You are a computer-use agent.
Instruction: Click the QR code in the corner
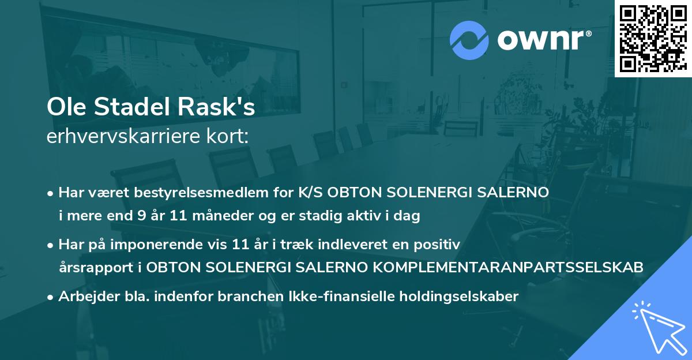point(653,39)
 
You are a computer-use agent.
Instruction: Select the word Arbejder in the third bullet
point(80,296)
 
